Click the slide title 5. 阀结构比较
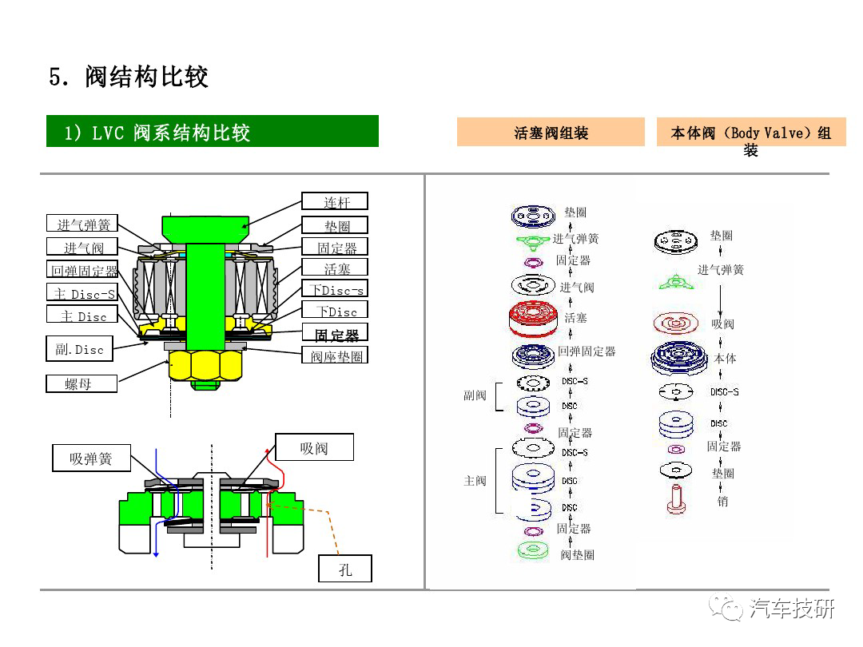click(129, 77)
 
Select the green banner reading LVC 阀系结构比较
click(212, 132)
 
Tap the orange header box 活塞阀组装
click(551, 133)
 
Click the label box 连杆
click(336, 202)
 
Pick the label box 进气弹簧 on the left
click(83, 224)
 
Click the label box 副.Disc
click(80, 349)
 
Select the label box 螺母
click(80, 384)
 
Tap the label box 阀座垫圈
click(336, 356)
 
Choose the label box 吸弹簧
click(91, 458)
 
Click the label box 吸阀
click(314, 448)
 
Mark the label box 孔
click(345, 569)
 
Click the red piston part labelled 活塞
click(532, 318)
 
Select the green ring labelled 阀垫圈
click(532, 550)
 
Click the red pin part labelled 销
click(676, 500)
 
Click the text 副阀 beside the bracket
click(475, 395)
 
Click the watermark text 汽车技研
click(792, 609)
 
